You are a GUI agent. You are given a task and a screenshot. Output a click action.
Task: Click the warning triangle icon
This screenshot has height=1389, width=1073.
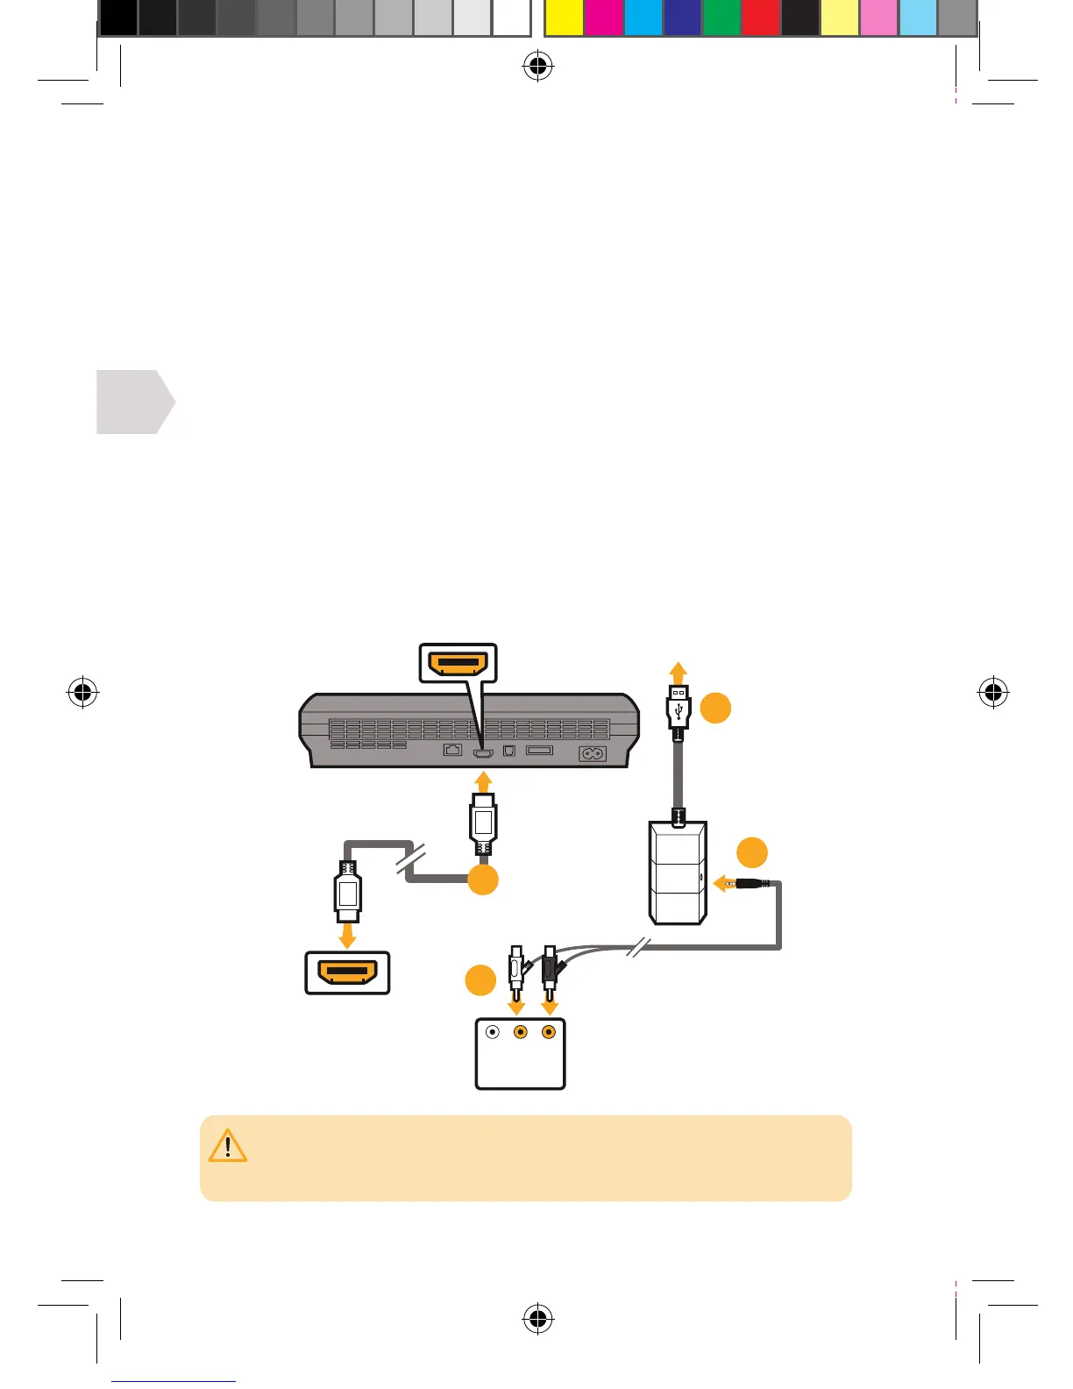[x=228, y=1146]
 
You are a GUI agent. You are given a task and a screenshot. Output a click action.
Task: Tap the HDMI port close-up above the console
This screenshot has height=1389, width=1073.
[x=458, y=663]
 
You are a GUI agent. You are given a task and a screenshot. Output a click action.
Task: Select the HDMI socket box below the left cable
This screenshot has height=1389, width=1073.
[x=347, y=972]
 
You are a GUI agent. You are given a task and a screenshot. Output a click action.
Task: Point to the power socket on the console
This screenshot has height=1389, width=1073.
[x=593, y=753]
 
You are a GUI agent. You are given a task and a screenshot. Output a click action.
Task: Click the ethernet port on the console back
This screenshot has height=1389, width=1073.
[x=452, y=750]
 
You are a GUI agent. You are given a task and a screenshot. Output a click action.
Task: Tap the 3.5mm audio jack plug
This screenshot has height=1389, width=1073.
[x=753, y=883]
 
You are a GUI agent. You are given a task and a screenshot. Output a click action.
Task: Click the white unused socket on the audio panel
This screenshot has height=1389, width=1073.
[x=493, y=1032]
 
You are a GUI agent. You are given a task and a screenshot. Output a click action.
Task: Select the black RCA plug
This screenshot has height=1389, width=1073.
[x=550, y=968]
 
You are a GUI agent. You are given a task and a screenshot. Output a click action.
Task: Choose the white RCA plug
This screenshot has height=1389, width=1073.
[x=517, y=968]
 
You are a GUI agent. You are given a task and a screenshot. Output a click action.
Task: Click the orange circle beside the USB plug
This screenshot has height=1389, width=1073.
[x=715, y=707]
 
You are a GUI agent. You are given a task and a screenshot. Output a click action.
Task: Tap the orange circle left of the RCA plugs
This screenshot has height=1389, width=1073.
[x=480, y=980]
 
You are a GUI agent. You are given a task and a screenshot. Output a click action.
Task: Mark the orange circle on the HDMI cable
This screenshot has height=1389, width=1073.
[x=483, y=880]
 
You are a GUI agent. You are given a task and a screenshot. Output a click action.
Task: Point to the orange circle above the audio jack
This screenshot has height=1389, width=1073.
[x=751, y=852]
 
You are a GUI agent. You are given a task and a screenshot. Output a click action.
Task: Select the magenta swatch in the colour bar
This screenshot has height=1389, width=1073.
[x=603, y=18]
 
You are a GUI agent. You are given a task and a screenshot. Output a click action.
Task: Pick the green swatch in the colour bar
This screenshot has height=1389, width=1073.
[x=721, y=18]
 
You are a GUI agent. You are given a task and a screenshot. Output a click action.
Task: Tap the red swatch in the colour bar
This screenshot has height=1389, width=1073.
[x=760, y=18]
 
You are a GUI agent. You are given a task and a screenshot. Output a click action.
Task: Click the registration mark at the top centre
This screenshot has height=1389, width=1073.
[x=537, y=66]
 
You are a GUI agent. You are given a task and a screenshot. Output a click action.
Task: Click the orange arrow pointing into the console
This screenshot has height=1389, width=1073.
[x=483, y=781]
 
